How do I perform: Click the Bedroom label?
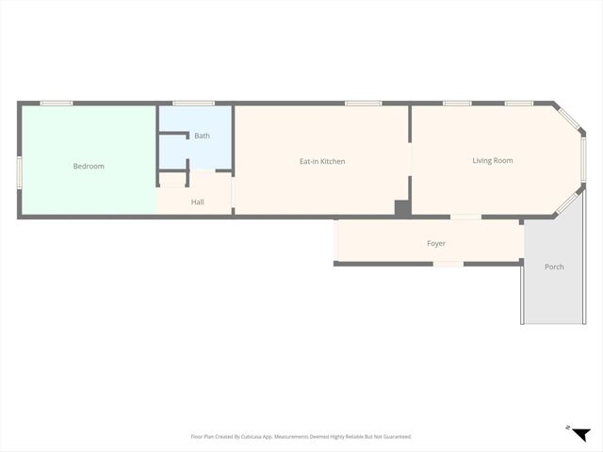click(x=89, y=167)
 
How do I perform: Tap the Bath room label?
click(x=202, y=136)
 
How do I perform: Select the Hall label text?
click(x=197, y=202)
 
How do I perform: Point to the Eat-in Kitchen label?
click(x=322, y=162)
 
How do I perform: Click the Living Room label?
click(x=492, y=161)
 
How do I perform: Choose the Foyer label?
click(x=435, y=244)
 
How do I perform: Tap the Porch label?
click(x=554, y=267)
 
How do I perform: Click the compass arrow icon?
click(x=580, y=433)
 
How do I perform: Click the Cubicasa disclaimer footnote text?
click(x=301, y=437)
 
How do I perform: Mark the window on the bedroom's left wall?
click(x=19, y=171)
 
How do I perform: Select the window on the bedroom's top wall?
click(x=57, y=103)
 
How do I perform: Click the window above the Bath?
click(x=193, y=103)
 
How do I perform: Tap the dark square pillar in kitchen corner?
click(x=402, y=209)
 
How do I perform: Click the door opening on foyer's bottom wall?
click(x=448, y=265)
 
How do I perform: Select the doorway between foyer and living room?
click(x=464, y=218)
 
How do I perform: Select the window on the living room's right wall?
click(x=583, y=160)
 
